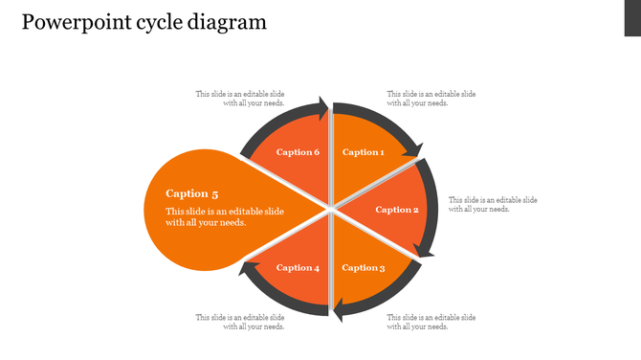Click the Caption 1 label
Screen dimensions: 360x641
pyautogui.click(x=363, y=152)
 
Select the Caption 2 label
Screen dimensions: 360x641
pyautogui.click(x=397, y=210)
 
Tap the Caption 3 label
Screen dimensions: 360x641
pyautogui.click(x=364, y=268)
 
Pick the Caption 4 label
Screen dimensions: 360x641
pyautogui.click(x=298, y=268)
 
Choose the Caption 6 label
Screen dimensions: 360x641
pyautogui.click(x=298, y=152)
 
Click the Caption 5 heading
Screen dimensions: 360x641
pyautogui.click(x=192, y=193)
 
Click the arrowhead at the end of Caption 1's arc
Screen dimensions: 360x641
pyautogui.click(x=414, y=149)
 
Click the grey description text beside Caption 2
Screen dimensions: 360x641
pyautogui.click(x=493, y=204)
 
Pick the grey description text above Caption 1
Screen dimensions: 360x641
pyautogui.click(x=431, y=99)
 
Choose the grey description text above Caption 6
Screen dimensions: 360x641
pyautogui.click(x=240, y=99)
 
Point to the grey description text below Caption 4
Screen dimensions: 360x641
pyautogui.click(x=240, y=322)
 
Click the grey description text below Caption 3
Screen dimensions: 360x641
pyautogui.click(x=431, y=322)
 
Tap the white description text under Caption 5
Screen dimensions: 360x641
pyautogui.click(x=224, y=216)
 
